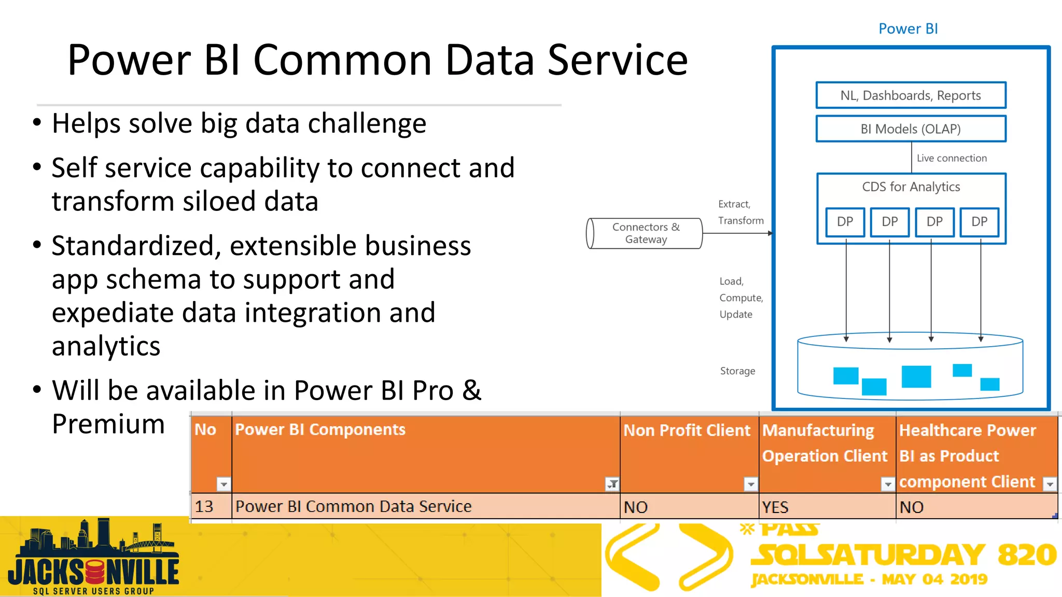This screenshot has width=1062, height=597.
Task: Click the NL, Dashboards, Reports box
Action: coord(911,95)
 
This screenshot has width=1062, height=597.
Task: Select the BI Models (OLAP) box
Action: coord(911,129)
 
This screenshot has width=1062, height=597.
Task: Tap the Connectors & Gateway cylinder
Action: coord(645,233)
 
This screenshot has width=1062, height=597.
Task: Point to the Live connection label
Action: coord(952,158)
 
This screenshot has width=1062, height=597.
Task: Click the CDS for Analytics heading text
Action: coord(911,187)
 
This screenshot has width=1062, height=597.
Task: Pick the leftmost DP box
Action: coord(845,222)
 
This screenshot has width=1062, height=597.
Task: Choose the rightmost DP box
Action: coord(979,222)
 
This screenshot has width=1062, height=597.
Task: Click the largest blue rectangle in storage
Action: coord(916,377)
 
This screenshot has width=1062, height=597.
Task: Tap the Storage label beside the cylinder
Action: coord(737,371)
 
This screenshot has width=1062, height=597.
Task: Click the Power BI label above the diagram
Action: coord(908,29)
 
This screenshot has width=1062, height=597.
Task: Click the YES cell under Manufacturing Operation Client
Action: coord(827,507)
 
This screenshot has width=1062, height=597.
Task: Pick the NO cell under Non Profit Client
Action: coord(689,507)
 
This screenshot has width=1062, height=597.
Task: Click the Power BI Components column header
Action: coord(320,430)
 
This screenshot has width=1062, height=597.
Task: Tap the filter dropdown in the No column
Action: coord(223,484)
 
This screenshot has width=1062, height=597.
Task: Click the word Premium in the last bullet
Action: coord(108,424)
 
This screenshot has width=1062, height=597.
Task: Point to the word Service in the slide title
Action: coord(617,60)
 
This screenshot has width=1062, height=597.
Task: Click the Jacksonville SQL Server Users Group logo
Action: coord(93,558)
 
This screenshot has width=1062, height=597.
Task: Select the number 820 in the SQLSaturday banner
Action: coord(1027,555)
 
